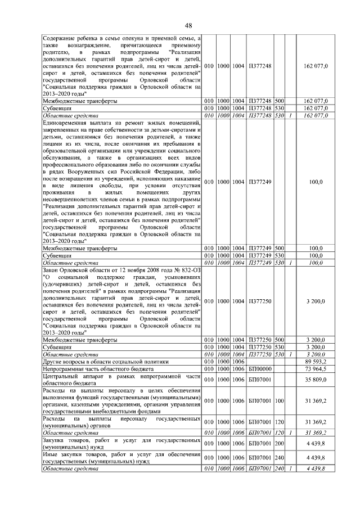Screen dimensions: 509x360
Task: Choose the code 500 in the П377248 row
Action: (x=279, y=100)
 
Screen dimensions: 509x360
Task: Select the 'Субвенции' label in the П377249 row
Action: (x=57, y=255)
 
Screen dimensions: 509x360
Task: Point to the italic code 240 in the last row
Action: (x=279, y=469)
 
